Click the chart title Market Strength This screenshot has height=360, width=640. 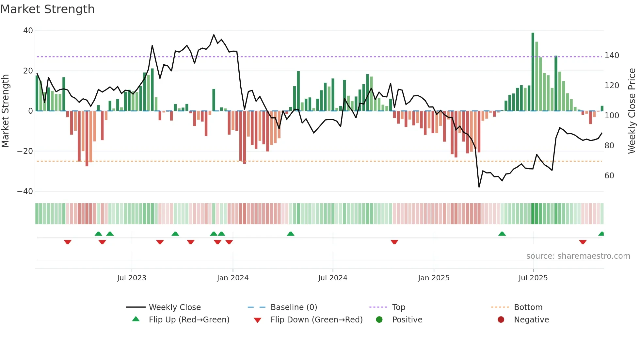point(47,9)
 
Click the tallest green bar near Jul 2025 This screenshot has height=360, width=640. point(533,72)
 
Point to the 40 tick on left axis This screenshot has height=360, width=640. point(28,31)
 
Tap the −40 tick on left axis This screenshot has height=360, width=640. point(25,191)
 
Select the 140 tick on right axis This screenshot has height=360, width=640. point(612,56)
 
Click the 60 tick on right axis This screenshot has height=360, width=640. point(609,176)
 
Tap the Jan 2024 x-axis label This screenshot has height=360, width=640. point(232,278)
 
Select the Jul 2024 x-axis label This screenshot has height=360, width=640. point(332,278)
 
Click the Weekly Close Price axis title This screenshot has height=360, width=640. point(632,111)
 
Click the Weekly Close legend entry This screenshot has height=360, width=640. point(174,307)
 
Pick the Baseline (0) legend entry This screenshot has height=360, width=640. point(294,307)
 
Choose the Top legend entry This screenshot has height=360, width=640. point(398,307)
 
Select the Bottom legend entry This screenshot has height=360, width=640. point(528,307)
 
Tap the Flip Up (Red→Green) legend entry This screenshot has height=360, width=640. point(189,320)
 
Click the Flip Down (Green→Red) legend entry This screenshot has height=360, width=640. point(316,320)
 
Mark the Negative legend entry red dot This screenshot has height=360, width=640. point(501,319)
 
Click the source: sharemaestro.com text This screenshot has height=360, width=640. point(578,256)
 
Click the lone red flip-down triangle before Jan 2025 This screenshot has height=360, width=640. point(394,242)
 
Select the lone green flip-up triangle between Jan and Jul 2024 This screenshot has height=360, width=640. point(290,234)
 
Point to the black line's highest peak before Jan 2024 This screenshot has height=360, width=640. point(214,35)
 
